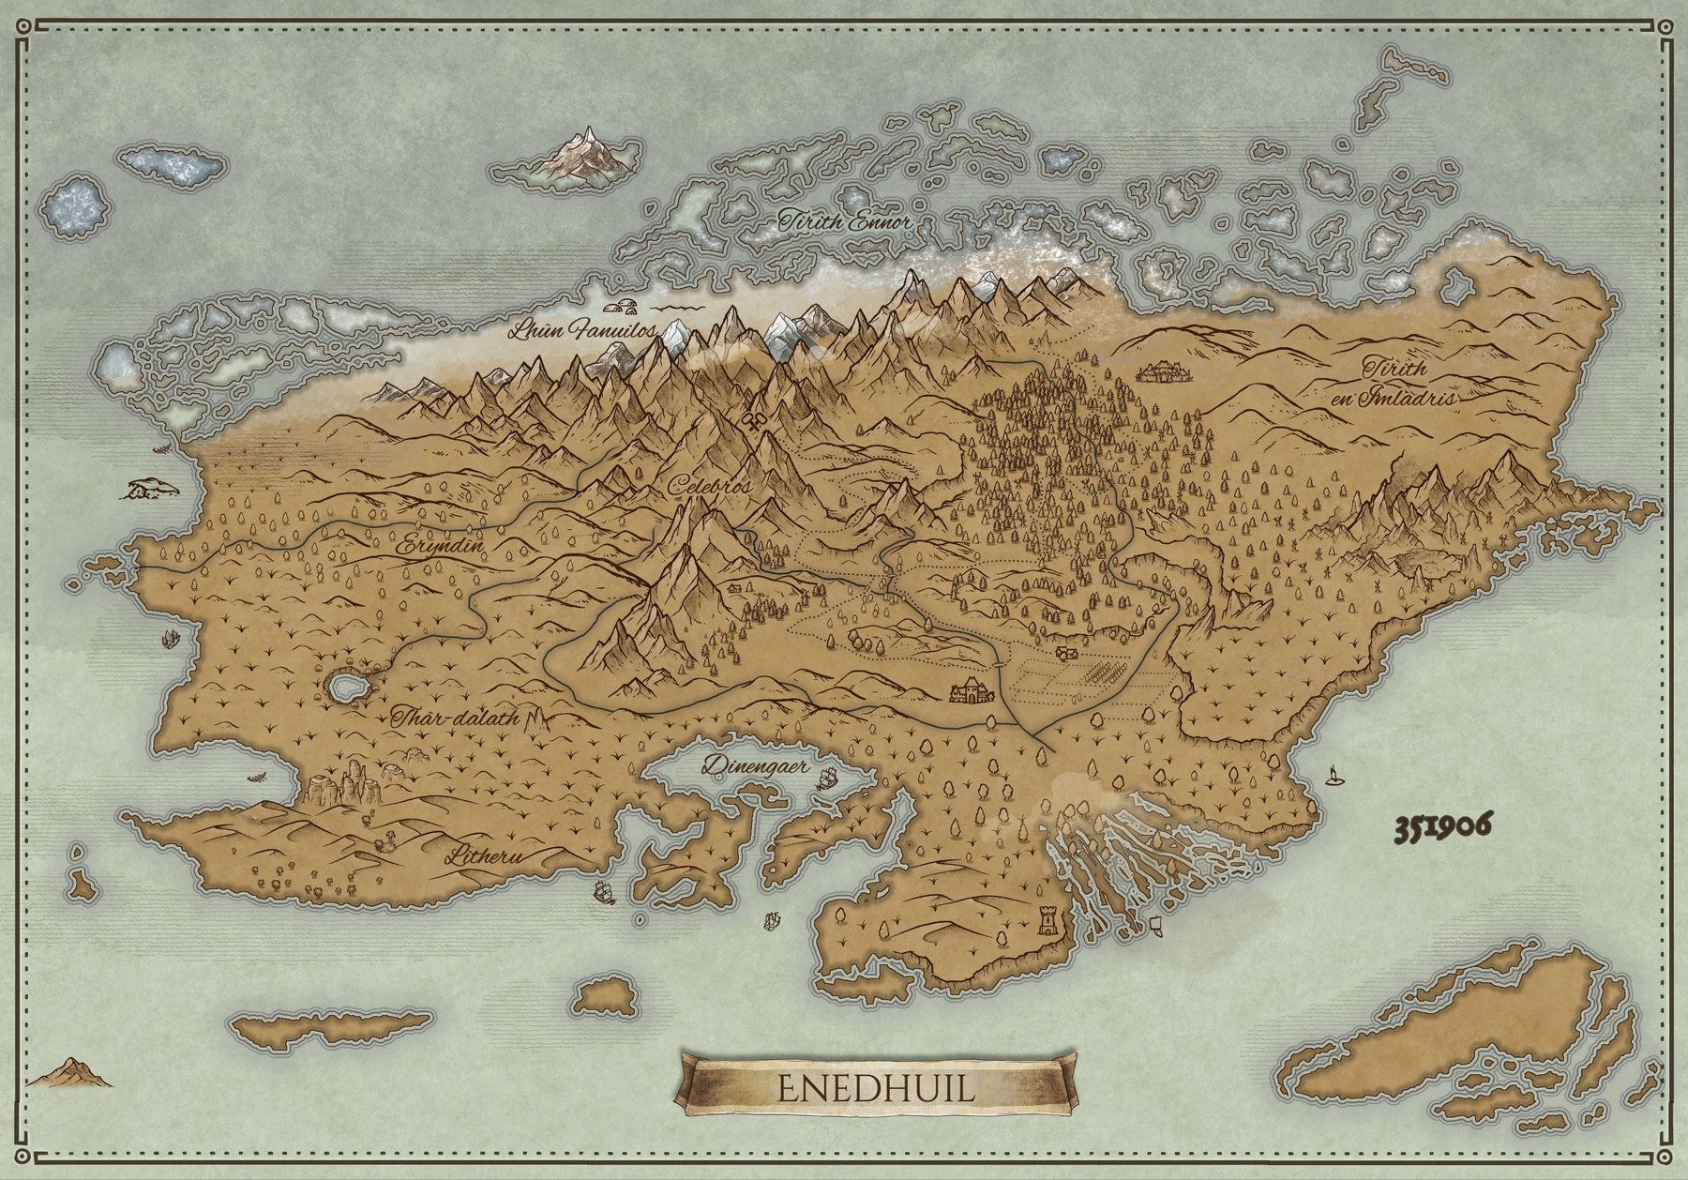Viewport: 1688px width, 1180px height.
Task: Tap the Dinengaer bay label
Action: pos(756,765)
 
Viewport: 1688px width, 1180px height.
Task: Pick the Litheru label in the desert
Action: pos(485,855)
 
